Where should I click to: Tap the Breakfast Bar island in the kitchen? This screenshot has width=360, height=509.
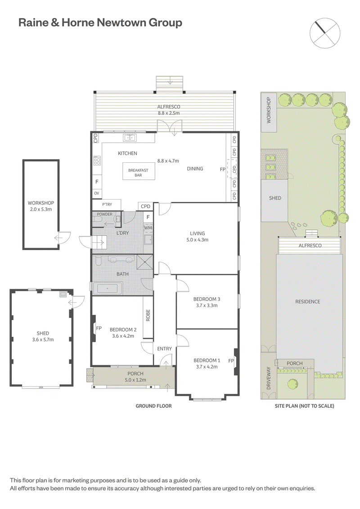[x=138, y=171]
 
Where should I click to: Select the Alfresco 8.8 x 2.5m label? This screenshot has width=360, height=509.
[x=169, y=110]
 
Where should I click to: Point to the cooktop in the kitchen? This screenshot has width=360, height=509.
[x=97, y=161]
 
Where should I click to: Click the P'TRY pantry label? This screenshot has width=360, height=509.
[x=107, y=205]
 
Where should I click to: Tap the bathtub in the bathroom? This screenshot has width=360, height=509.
[x=108, y=288]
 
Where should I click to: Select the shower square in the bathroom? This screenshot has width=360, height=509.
[x=144, y=262]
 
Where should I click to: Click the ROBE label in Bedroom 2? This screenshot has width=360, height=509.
[x=148, y=315]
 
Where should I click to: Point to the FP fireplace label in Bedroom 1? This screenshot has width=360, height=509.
[x=231, y=361]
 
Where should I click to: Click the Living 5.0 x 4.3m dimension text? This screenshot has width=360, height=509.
[x=197, y=240]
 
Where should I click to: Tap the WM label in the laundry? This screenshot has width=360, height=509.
[x=148, y=228]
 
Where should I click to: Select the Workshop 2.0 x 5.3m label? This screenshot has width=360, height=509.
[x=41, y=206]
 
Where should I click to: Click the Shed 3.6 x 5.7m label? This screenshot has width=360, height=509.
[x=43, y=336]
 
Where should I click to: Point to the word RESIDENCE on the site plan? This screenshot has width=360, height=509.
[x=308, y=302]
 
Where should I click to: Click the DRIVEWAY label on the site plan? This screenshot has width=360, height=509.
[x=269, y=378]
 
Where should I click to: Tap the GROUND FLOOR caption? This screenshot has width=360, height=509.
[x=154, y=406]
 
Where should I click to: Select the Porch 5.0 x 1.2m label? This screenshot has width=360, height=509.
[x=135, y=376]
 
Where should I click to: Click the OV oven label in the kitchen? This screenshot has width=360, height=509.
[x=96, y=193]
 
